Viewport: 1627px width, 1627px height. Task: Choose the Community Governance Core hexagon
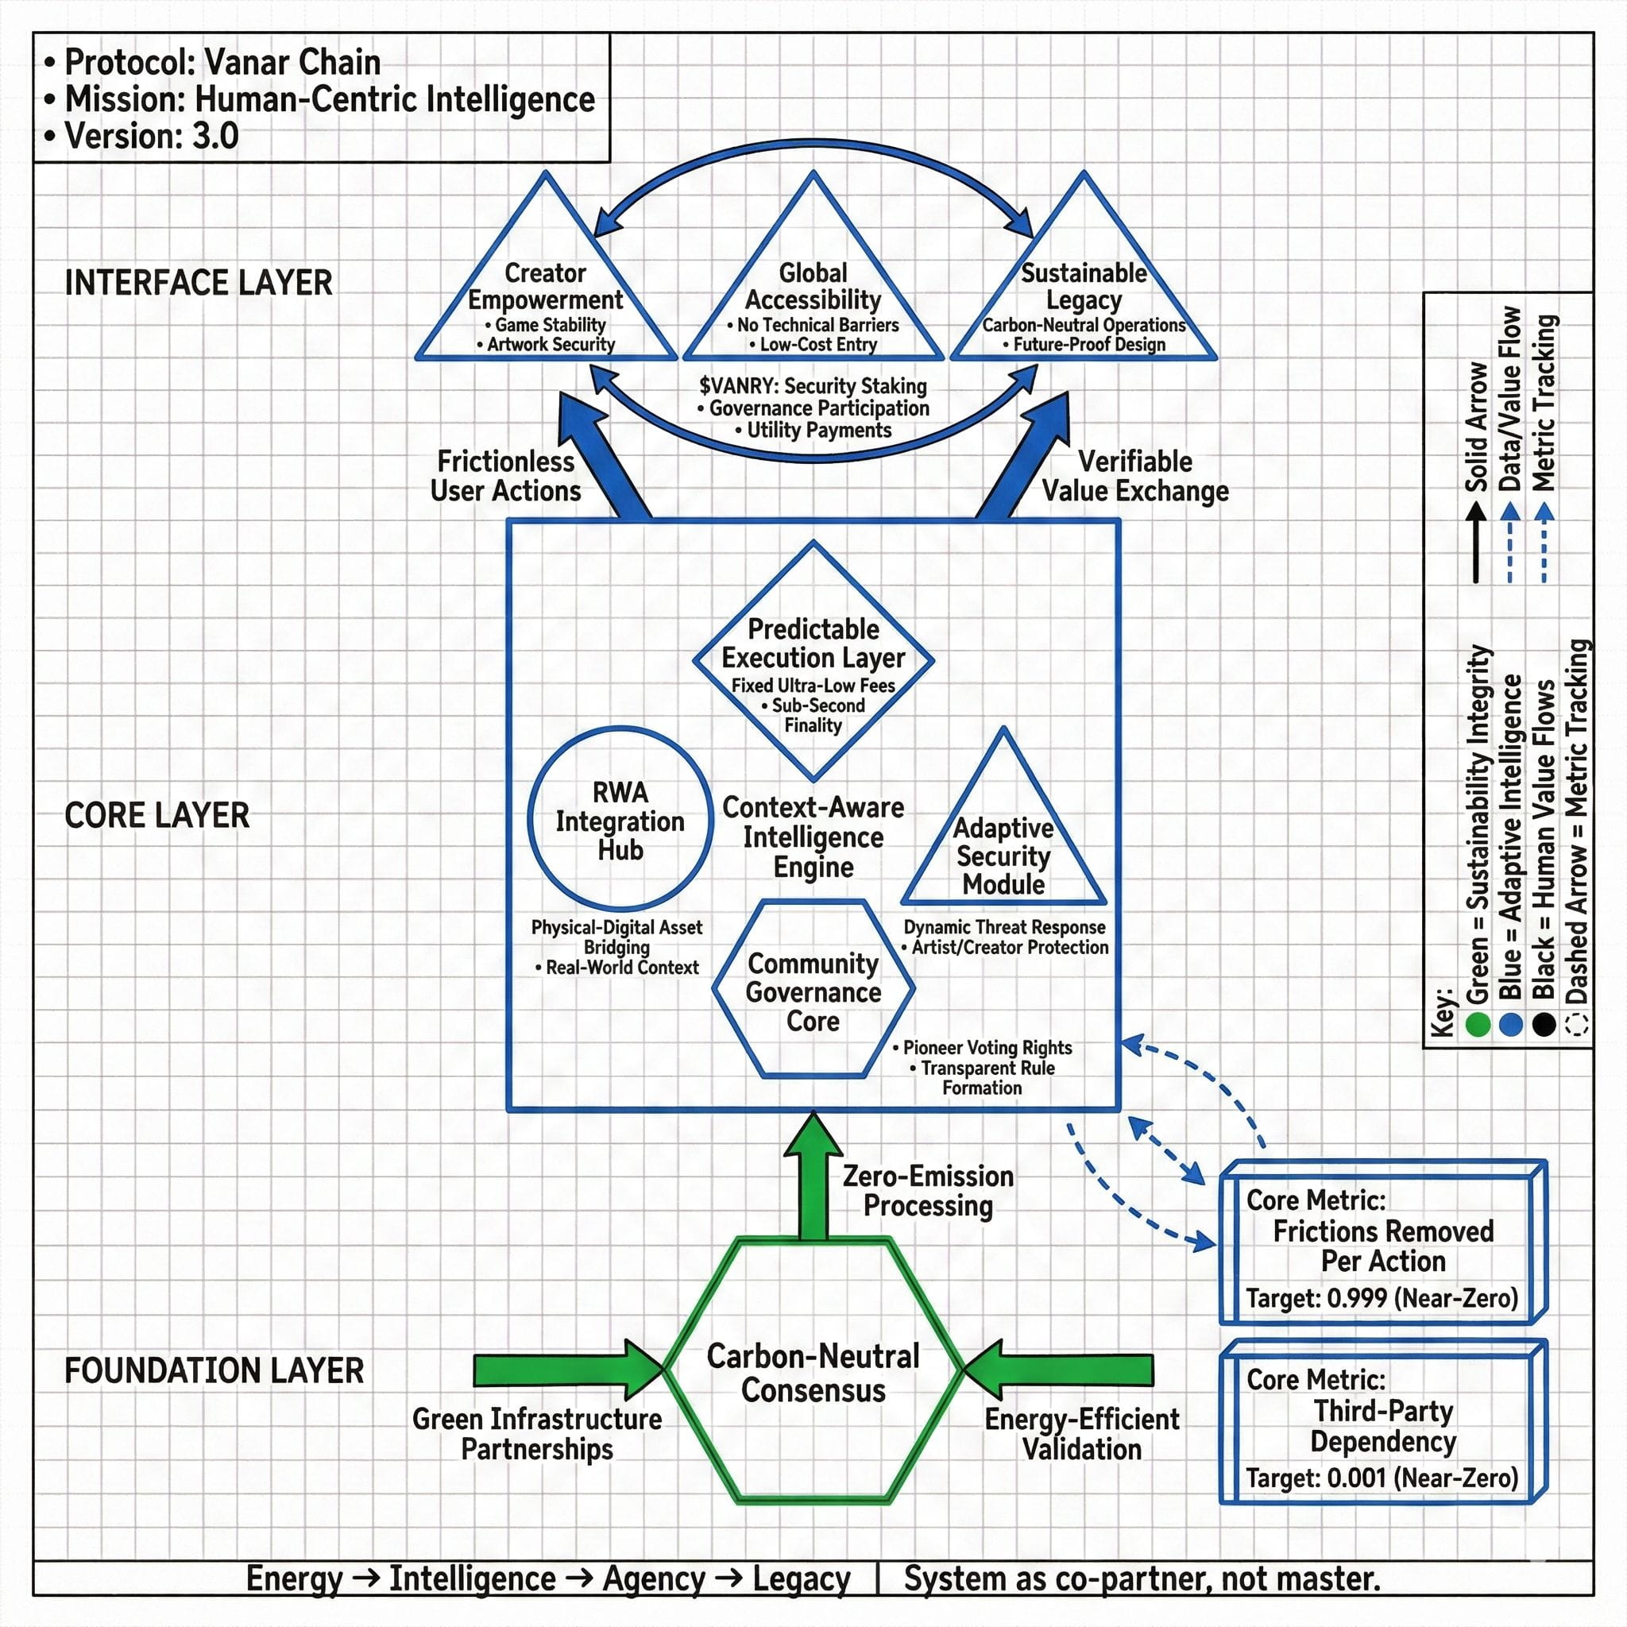click(813, 991)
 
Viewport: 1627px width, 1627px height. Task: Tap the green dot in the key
click(1477, 1024)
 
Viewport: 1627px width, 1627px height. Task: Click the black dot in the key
click(1544, 1024)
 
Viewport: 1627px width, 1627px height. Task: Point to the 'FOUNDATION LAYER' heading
click(214, 1370)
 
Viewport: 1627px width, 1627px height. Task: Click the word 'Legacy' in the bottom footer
click(801, 1579)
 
